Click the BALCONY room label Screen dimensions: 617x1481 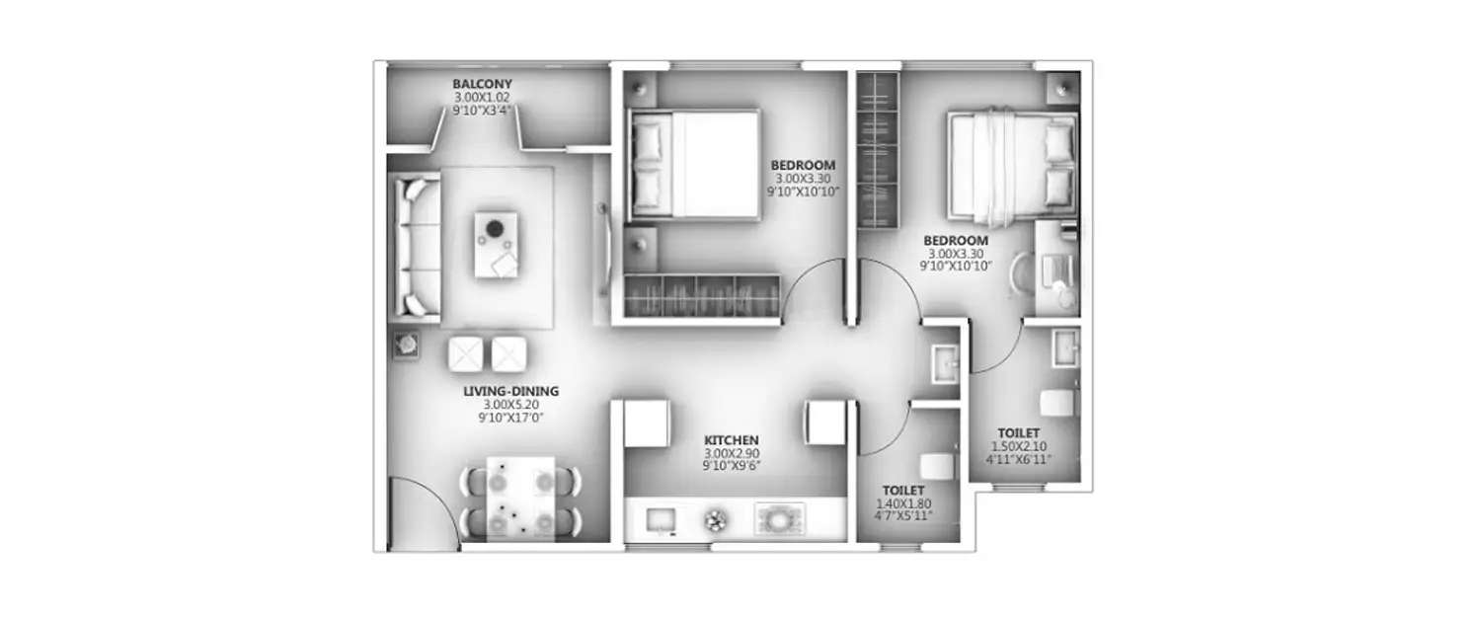coord(482,84)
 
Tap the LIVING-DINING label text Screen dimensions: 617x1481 coord(510,391)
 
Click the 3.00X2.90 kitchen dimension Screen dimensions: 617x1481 coord(731,452)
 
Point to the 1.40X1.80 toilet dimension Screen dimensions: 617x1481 coord(903,503)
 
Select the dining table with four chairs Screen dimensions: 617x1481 coord(521,499)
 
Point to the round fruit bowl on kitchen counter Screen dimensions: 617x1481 coord(715,519)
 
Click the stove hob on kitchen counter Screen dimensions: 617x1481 coord(780,518)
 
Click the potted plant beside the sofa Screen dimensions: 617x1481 coord(406,344)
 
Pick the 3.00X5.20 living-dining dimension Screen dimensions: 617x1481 coord(510,405)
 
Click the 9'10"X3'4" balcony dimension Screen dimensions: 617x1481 coord(482,111)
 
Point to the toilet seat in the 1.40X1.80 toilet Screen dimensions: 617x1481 coord(934,466)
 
